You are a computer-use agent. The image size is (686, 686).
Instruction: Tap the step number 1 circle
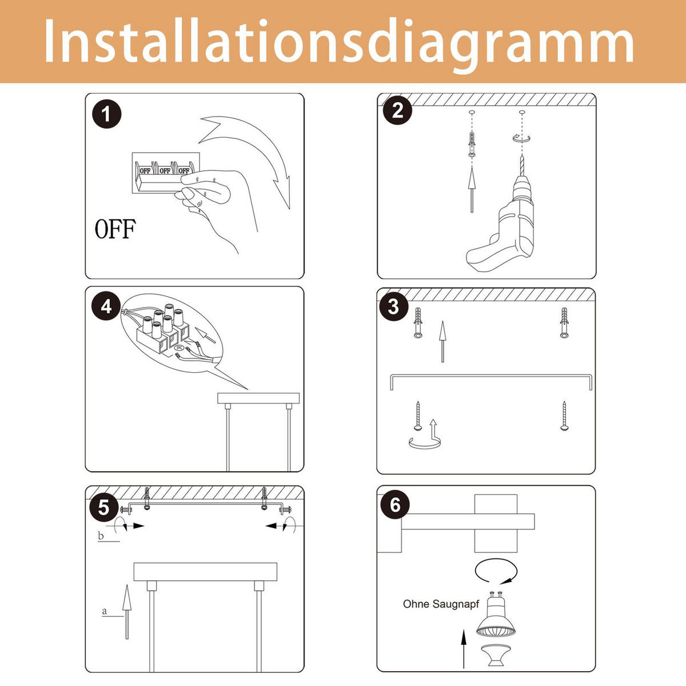click(x=106, y=114)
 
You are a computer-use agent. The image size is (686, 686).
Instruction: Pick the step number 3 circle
click(x=393, y=306)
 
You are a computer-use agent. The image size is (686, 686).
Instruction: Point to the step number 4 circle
click(x=106, y=306)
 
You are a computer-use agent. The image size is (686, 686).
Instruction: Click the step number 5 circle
click(x=103, y=506)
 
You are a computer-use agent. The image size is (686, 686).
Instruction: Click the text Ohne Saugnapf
click(x=441, y=604)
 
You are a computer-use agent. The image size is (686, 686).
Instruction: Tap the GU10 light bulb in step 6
click(x=495, y=617)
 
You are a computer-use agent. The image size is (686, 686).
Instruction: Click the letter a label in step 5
click(x=104, y=611)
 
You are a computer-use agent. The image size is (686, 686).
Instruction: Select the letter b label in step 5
click(x=101, y=536)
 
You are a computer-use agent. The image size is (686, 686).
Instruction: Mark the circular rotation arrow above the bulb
click(x=496, y=571)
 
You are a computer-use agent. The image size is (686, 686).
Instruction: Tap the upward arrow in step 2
click(x=472, y=189)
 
